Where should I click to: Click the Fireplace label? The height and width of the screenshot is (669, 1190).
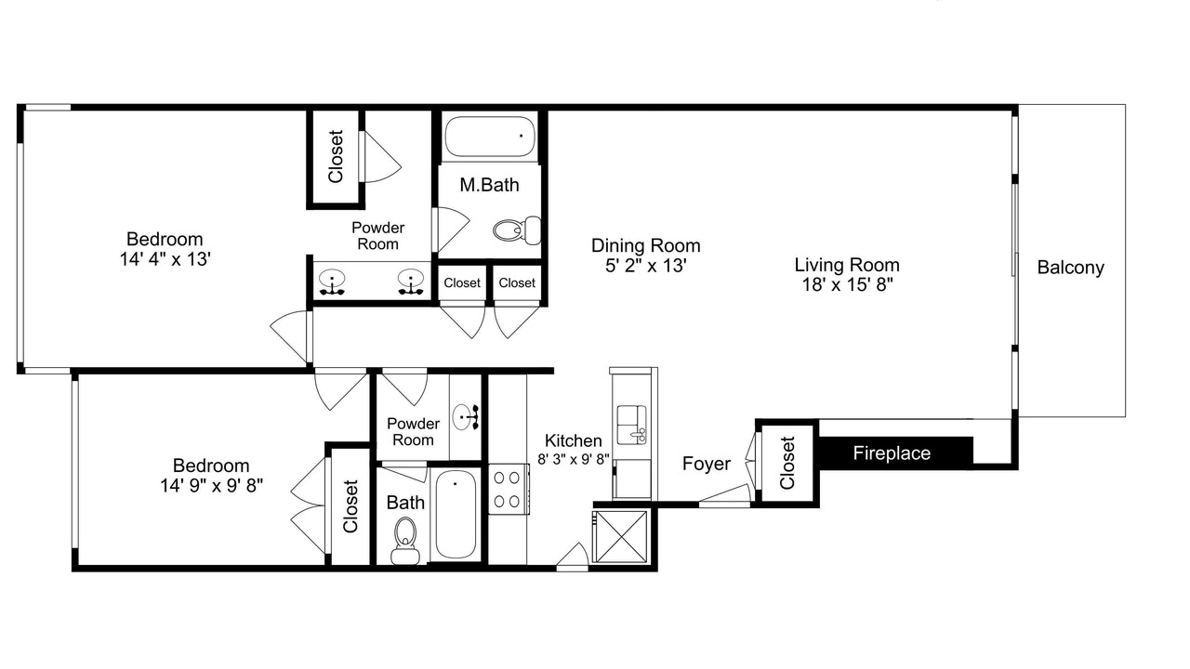(892, 453)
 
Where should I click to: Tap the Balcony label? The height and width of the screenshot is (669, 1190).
(1070, 267)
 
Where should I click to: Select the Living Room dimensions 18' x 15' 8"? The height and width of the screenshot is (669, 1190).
(847, 285)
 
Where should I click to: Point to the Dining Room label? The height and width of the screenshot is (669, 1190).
(645, 245)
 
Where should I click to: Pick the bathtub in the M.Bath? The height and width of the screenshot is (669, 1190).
(490, 137)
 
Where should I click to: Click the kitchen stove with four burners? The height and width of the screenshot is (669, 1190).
(508, 489)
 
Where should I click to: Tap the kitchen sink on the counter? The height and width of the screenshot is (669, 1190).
(631, 425)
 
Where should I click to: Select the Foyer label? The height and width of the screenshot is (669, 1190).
(706, 464)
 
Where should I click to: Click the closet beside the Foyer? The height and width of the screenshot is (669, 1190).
(787, 463)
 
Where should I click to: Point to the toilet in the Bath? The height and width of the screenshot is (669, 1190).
(405, 541)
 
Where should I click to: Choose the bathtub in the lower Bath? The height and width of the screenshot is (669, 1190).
(456, 514)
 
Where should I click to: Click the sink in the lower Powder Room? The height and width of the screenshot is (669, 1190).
(465, 417)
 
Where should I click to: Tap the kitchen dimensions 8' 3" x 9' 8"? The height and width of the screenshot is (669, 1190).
(574, 459)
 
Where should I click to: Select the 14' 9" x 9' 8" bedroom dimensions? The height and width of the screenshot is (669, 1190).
(211, 485)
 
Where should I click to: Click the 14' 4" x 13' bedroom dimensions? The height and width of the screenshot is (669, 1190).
(165, 259)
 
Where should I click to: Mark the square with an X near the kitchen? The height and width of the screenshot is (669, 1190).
(620, 536)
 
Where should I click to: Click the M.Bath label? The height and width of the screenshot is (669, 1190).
(489, 185)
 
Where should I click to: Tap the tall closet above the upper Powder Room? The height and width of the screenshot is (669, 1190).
(336, 157)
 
